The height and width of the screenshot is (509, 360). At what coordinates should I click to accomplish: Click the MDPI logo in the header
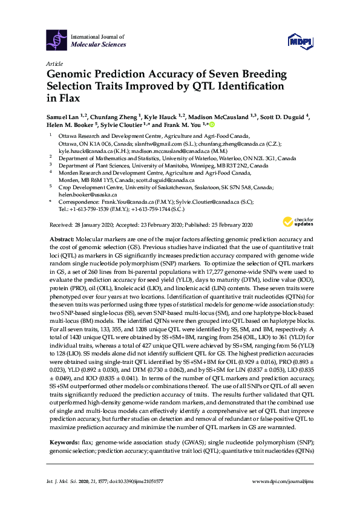[300, 41]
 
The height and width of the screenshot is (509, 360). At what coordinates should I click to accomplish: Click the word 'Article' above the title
[54, 63]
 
